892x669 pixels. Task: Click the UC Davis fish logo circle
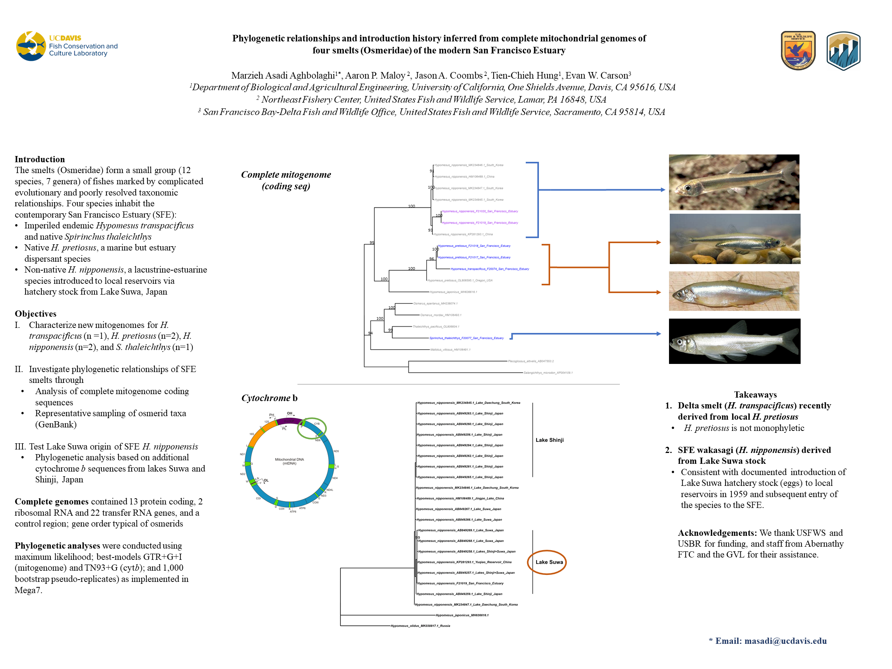(31, 46)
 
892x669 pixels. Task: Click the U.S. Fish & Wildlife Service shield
(798, 50)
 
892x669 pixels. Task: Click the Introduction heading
(39, 159)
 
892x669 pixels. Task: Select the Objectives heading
(36, 314)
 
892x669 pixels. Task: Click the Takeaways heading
(755, 395)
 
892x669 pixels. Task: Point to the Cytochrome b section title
(269, 398)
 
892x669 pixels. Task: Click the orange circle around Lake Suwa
(547, 562)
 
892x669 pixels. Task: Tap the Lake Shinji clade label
(549, 440)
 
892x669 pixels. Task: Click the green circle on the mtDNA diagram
(312, 428)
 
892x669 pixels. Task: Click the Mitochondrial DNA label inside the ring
(289, 461)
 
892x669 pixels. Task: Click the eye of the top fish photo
(688, 188)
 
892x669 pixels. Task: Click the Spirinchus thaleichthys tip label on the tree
(466, 338)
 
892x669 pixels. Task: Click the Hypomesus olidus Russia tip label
(420, 626)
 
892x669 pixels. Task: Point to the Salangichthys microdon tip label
(547, 372)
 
